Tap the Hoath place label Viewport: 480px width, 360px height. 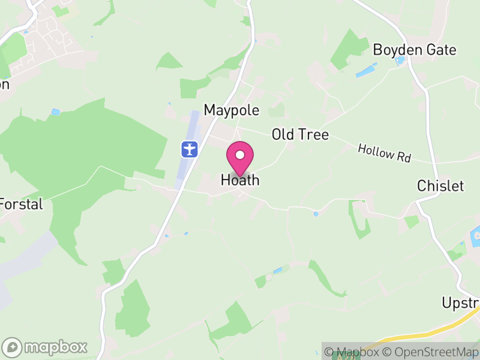pyautogui.click(x=240, y=179)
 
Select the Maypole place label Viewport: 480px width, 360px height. pyautogui.click(x=232, y=110)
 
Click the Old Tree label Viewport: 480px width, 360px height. pyautogui.click(x=300, y=134)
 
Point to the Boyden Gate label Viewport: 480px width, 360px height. pyautogui.click(x=415, y=50)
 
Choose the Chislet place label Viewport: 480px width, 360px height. pyautogui.click(x=440, y=186)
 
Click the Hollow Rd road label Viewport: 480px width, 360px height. pyautogui.click(x=384, y=153)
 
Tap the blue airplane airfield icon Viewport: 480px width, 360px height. pyautogui.click(x=190, y=148)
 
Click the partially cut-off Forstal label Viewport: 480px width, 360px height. pyautogui.click(x=22, y=204)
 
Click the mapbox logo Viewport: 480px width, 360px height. pyautogui.click(x=46, y=347)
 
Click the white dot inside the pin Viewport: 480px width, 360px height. pyautogui.click(x=240, y=155)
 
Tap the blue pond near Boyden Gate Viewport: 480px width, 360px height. pyautogui.click(x=366, y=71)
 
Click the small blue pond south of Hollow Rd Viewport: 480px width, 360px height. pyautogui.click(x=316, y=214)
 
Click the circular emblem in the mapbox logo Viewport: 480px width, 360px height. pyautogui.click(x=12, y=347)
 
